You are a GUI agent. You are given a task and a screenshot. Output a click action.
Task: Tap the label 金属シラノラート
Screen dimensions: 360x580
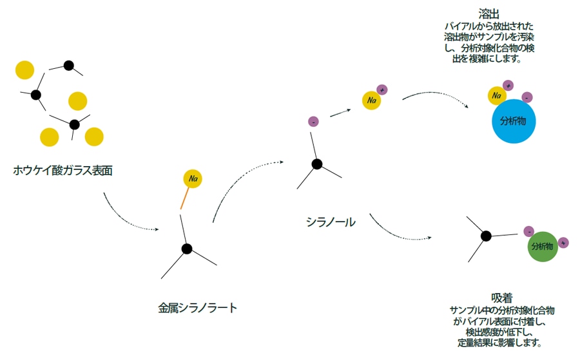[x=197, y=308]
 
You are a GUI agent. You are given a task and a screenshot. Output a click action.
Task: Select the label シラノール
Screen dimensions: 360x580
[x=331, y=222]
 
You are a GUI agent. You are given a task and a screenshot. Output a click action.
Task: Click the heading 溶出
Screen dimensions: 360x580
[x=488, y=14]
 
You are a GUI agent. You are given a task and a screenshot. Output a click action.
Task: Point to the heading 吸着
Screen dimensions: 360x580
[x=501, y=298]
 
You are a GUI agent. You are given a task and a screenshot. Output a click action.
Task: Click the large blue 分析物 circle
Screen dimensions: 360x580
[x=514, y=121]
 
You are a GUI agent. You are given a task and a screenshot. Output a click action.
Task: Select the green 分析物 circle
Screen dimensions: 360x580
[x=542, y=247]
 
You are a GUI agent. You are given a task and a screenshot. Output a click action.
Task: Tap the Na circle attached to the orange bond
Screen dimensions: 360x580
[x=193, y=178]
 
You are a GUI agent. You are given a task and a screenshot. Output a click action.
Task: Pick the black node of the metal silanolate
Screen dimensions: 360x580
[x=187, y=249]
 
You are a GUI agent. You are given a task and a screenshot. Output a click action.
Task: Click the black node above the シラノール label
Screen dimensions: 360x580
[x=316, y=164]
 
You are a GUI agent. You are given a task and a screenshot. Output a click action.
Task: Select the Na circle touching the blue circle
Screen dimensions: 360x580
[x=497, y=96]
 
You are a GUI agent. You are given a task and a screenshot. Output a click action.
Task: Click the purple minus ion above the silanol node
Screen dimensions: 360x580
[x=313, y=121]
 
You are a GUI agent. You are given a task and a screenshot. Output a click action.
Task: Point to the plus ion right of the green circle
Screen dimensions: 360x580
[x=564, y=243]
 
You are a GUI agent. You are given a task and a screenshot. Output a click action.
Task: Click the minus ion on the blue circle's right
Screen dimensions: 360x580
[x=527, y=97]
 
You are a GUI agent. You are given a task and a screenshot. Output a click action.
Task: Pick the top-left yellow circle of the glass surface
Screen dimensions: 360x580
[x=24, y=70]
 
